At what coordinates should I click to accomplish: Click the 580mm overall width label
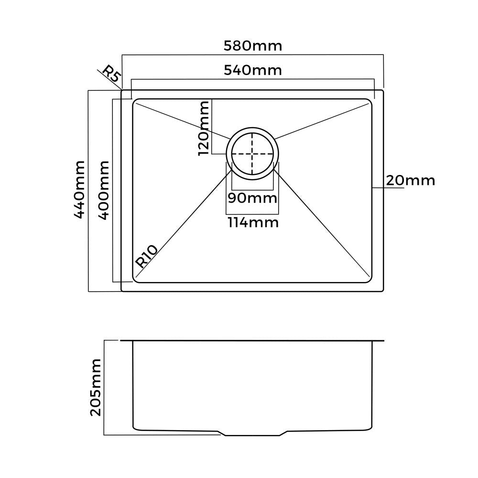[253, 46]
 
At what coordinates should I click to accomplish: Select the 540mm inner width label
[253, 70]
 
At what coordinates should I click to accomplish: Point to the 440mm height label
[79, 190]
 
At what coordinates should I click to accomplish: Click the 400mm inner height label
[104, 190]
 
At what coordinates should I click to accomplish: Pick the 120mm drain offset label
[204, 128]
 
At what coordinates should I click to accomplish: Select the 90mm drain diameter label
[252, 198]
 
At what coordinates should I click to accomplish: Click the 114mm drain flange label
[252, 222]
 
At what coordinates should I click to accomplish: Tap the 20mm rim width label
[410, 180]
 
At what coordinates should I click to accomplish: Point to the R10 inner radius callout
[146, 256]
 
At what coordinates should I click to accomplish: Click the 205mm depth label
[96, 387]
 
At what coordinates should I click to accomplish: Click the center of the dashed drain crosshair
[252, 154]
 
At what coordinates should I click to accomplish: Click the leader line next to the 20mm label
[388, 188]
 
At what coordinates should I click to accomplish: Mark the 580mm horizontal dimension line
[253, 55]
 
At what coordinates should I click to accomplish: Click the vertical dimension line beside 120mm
[212, 127]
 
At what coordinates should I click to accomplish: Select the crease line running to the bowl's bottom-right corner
[323, 224]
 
